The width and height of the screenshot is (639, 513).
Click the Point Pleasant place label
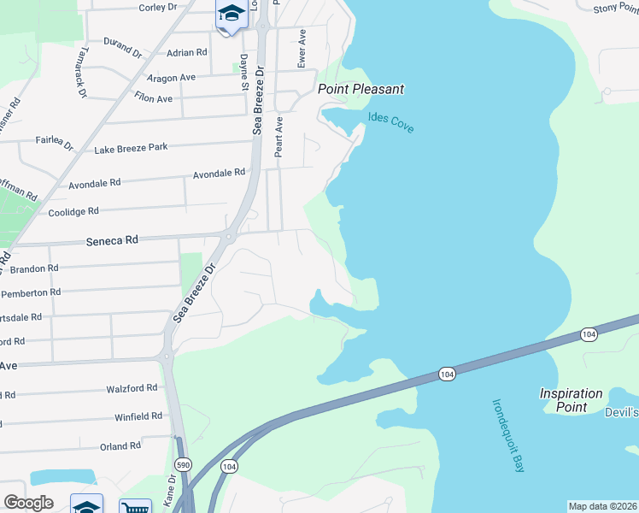click(361, 89)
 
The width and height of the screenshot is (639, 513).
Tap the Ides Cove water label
click(390, 122)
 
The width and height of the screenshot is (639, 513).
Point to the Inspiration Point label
click(571, 400)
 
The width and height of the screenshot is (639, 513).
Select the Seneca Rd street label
click(112, 241)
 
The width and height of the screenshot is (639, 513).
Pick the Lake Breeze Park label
click(131, 148)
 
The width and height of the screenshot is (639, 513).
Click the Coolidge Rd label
click(73, 211)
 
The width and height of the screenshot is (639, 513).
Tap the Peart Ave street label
click(278, 137)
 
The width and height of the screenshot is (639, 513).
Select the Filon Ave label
click(154, 99)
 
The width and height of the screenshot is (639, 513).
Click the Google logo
click(29, 503)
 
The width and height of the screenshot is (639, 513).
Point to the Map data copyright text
click(602, 506)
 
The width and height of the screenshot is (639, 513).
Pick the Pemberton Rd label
click(32, 292)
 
